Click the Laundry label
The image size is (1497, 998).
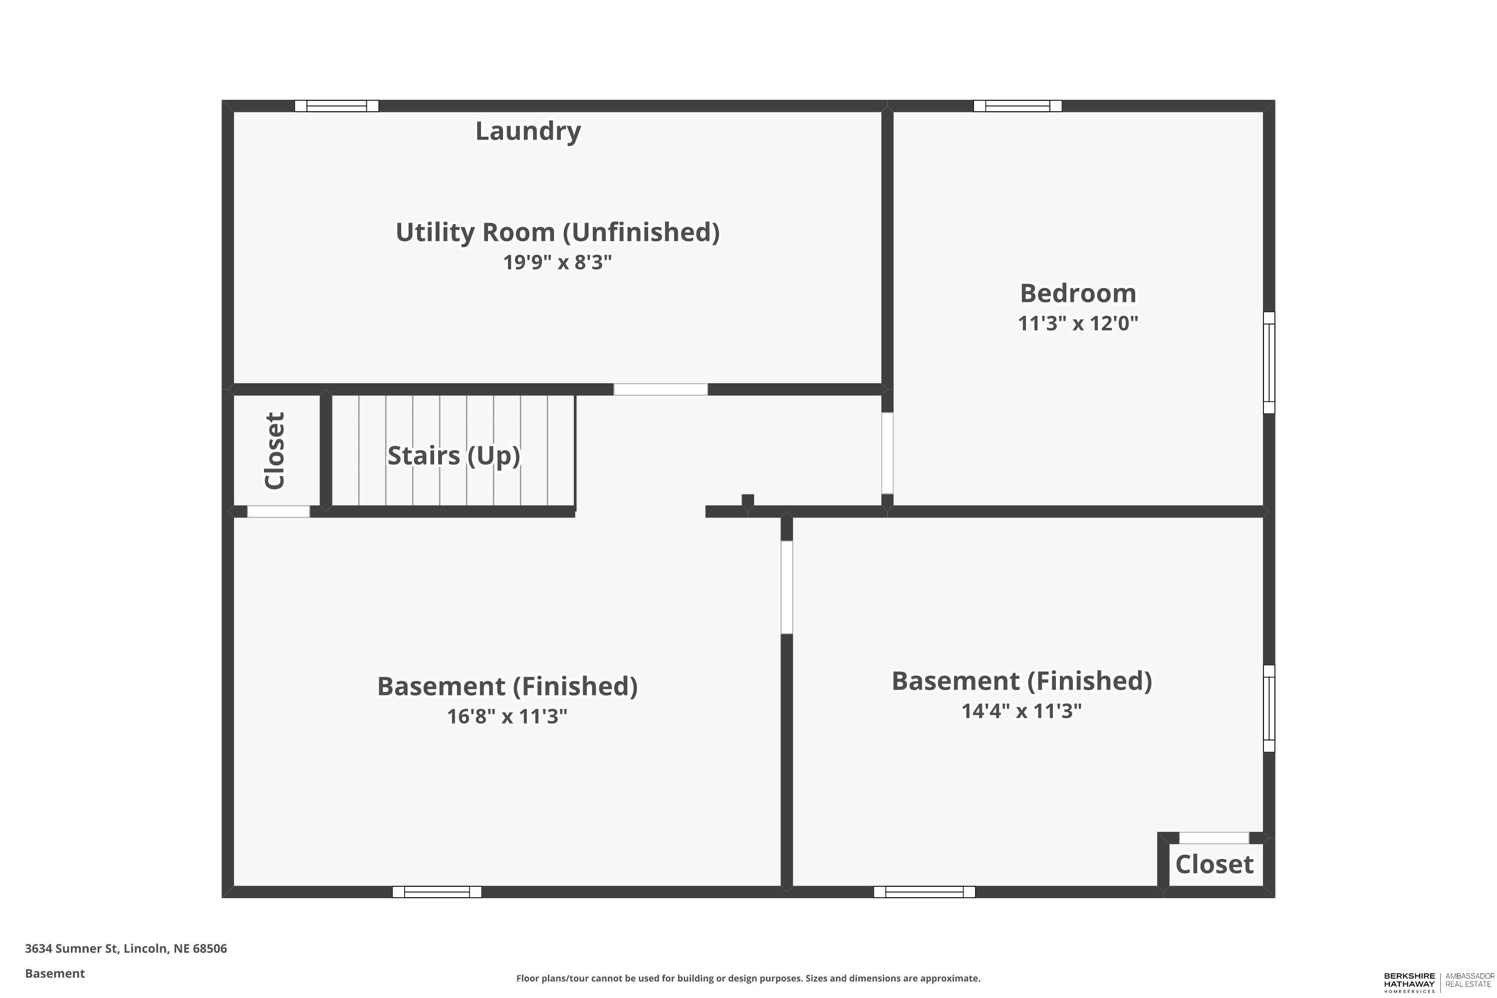(527, 131)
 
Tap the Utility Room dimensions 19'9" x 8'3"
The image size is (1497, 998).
(557, 262)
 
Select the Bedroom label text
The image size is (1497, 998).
(1077, 293)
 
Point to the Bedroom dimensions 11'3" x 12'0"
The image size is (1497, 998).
(1077, 323)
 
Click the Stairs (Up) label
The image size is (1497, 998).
(453, 456)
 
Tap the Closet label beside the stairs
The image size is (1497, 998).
(275, 451)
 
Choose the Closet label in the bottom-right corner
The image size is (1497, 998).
(1214, 864)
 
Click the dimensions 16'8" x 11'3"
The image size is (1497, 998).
(506, 717)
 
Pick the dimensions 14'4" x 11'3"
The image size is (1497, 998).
(1021, 711)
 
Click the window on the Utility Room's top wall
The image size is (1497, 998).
(337, 106)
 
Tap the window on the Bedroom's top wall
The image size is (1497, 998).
(1017, 106)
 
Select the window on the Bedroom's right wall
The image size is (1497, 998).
(1268, 363)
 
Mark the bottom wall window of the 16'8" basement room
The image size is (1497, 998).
(437, 892)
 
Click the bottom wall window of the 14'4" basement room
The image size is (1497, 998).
(924, 892)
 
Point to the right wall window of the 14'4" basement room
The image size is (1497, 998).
(1268, 709)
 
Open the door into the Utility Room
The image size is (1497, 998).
(660, 390)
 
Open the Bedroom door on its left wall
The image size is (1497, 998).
(887, 453)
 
